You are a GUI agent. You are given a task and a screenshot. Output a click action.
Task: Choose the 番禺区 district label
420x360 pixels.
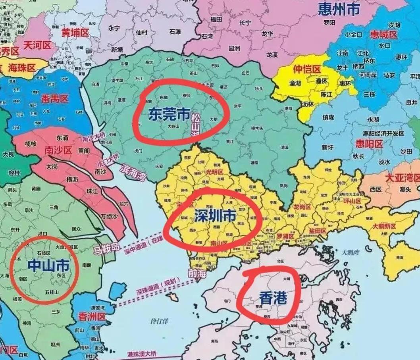[x=55, y=98]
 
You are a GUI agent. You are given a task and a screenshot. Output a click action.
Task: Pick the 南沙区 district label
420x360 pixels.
[x=58, y=150]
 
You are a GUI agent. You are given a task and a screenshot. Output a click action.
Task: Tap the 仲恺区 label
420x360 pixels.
[x=306, y=70]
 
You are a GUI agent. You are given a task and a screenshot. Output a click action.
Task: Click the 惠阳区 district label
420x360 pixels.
[x=369, y=143]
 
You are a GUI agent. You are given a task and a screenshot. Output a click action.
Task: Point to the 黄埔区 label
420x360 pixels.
[x=75, y=33]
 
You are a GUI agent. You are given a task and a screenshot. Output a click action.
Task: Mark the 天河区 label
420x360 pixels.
[x=37, y=45]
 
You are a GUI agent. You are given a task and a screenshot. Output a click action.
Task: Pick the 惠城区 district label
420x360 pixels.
[x=383, y=35]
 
